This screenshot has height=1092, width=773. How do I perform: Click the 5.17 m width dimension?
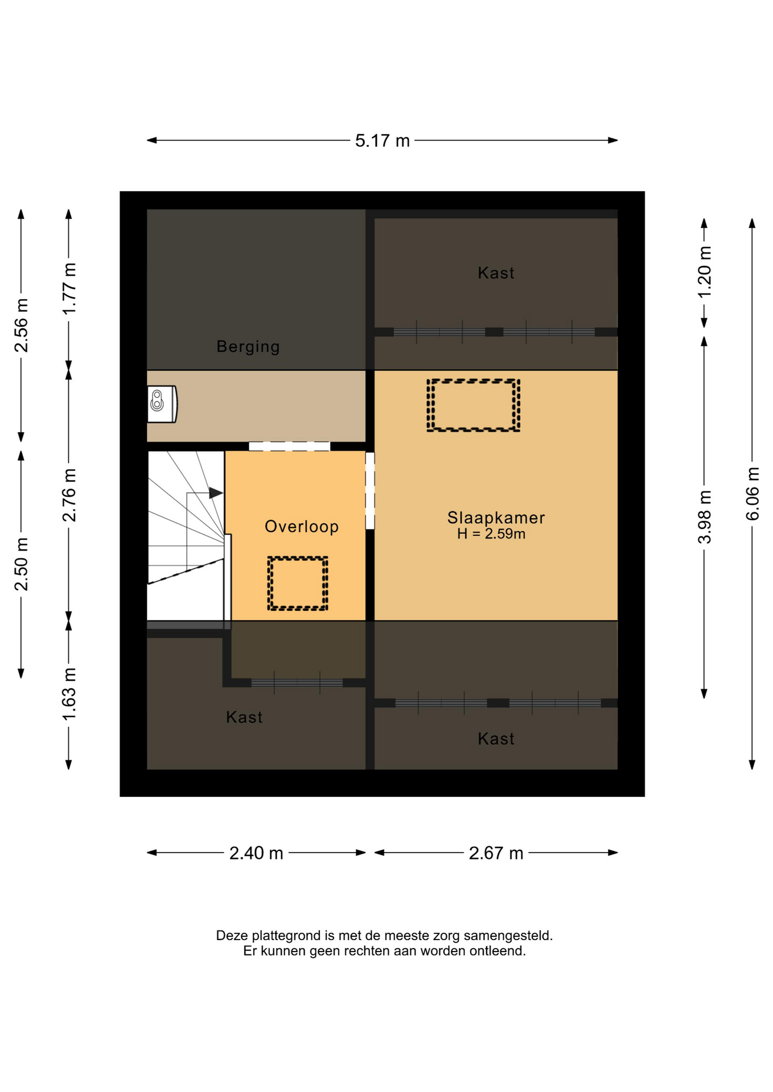[382, 140]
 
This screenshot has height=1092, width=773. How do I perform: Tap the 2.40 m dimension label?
[256, 853]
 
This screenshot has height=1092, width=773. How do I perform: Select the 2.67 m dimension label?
[496, 853]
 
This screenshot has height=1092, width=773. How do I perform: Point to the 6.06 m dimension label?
[753, 493]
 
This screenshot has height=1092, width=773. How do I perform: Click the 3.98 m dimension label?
[705, 516]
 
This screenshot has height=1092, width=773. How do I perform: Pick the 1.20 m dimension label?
[705, 272]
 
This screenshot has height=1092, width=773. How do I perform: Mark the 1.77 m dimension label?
[69, 289]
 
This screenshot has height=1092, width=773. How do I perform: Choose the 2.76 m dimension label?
[69, 495]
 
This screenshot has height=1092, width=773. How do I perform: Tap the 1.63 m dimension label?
[69, 694]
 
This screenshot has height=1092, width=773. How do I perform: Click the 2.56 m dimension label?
[21, 325]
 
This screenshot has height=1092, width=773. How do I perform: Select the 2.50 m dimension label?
[21, 564]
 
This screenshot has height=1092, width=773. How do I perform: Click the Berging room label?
[248, 347]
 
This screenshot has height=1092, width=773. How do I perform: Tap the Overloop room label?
[302, 527]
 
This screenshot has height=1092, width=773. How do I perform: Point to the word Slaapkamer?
[496, 518]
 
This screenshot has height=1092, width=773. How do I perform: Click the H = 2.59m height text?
[491, 533]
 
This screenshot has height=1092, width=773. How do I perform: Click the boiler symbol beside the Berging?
[162, 404]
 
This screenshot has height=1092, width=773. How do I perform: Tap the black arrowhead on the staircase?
[216, 493]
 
